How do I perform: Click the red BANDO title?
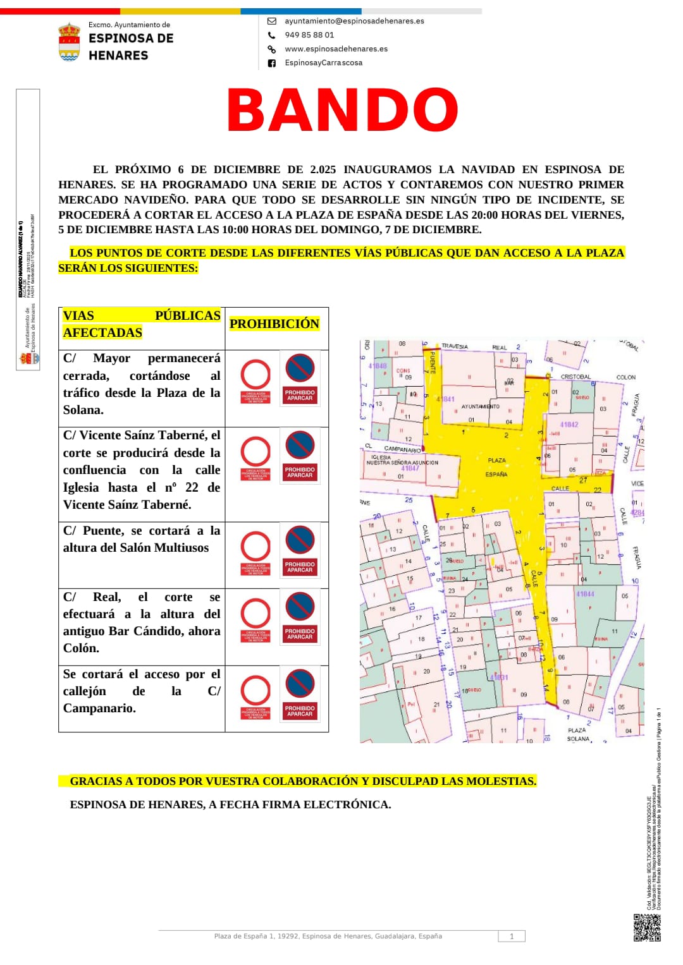(342, 110)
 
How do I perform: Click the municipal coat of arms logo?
(69, 42)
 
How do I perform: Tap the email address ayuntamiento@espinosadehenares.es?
(354, 21)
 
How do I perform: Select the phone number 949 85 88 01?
(309, 35)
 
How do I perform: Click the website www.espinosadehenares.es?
(336, 49)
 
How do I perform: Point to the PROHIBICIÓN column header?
(274, 324)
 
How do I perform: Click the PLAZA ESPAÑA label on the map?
(496, 467)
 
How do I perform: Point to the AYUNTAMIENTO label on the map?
(480, 406)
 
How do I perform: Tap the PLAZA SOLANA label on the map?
(577, 734)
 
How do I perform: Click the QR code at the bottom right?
(647, 927)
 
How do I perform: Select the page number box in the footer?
(512, 937)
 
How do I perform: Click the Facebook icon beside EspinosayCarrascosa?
(272, 63)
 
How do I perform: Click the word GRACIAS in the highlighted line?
(96, 781)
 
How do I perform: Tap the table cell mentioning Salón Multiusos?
(142, 539)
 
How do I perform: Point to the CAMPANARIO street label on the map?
(402, 449)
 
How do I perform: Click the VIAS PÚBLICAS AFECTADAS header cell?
(142, 324)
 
